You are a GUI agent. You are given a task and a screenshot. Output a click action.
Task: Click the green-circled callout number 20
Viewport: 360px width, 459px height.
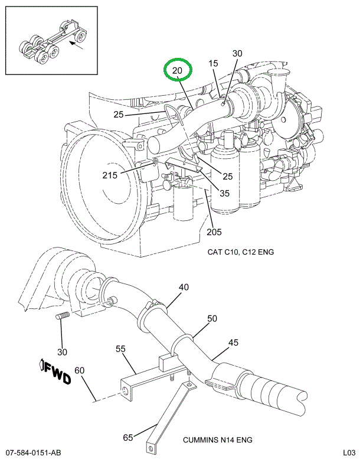coord(178,71)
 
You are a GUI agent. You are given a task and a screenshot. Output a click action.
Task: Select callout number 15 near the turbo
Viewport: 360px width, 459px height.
coord(213,63)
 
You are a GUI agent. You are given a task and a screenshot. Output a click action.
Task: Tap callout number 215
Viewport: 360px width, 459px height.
coord(110,174)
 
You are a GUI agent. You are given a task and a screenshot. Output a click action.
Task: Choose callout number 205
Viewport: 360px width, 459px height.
coord(214,231)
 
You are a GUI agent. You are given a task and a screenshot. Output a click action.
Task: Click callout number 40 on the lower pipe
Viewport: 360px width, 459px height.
coord(184,288)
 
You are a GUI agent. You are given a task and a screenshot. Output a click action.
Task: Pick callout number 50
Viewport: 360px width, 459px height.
coord(212,318)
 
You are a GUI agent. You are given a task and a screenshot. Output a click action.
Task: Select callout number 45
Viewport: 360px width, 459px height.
coord(233,342)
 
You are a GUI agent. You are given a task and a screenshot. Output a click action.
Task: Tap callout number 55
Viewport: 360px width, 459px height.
coord(120,349)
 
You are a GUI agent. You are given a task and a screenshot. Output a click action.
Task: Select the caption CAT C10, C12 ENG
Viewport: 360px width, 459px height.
coord(240,252)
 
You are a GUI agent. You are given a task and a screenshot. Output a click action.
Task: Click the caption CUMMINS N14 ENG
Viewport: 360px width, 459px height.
coord(217,440)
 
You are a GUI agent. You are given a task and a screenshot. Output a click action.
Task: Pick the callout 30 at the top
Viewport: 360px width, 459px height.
coord(237,54)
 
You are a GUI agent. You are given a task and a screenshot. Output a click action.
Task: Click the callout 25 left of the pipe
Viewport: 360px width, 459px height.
coord(119,114)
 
